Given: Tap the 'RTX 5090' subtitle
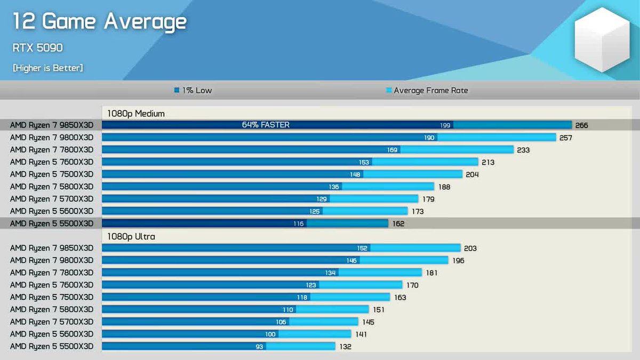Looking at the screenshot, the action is point(37,47).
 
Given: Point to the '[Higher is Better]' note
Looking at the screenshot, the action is point(47,68).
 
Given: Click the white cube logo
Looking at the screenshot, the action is point(602,39).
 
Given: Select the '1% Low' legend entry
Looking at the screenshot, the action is point(193,90).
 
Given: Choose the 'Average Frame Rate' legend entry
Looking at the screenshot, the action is point(427,91).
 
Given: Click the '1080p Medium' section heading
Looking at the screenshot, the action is point(135,114).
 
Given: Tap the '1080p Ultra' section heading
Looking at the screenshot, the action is point(131,237).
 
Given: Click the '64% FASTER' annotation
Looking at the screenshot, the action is point(266,125).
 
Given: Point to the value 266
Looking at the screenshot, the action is point(581,125).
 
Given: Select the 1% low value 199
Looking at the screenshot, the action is point(445,125).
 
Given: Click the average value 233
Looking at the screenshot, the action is point(523,150).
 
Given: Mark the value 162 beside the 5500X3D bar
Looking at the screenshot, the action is point(398,223).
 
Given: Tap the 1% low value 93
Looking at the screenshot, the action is point(259,347).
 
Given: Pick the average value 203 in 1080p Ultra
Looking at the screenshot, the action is point(470,249).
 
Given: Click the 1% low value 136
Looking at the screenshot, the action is point(334,187).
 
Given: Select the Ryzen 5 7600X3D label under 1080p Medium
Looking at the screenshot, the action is point(52,162).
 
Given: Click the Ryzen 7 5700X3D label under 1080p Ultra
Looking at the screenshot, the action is point(52,322).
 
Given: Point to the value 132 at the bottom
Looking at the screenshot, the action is point(345,347).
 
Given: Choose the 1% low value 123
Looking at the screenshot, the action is point(311,285).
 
